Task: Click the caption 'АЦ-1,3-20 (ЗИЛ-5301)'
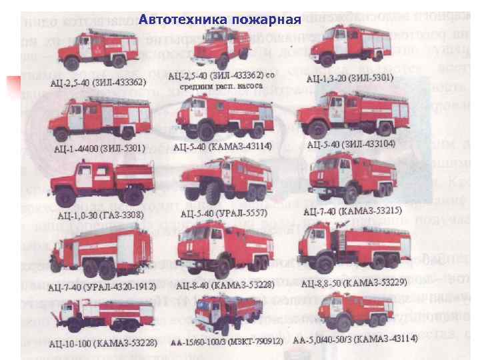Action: [x=349, y=78]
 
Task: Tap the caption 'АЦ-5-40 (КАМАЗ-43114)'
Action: [x=222, y=146]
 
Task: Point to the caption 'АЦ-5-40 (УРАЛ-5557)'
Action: [x=223, y=213]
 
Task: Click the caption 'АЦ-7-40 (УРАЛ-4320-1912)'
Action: [x=101, y=287]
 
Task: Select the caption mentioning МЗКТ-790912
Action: [x=227, y=341]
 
